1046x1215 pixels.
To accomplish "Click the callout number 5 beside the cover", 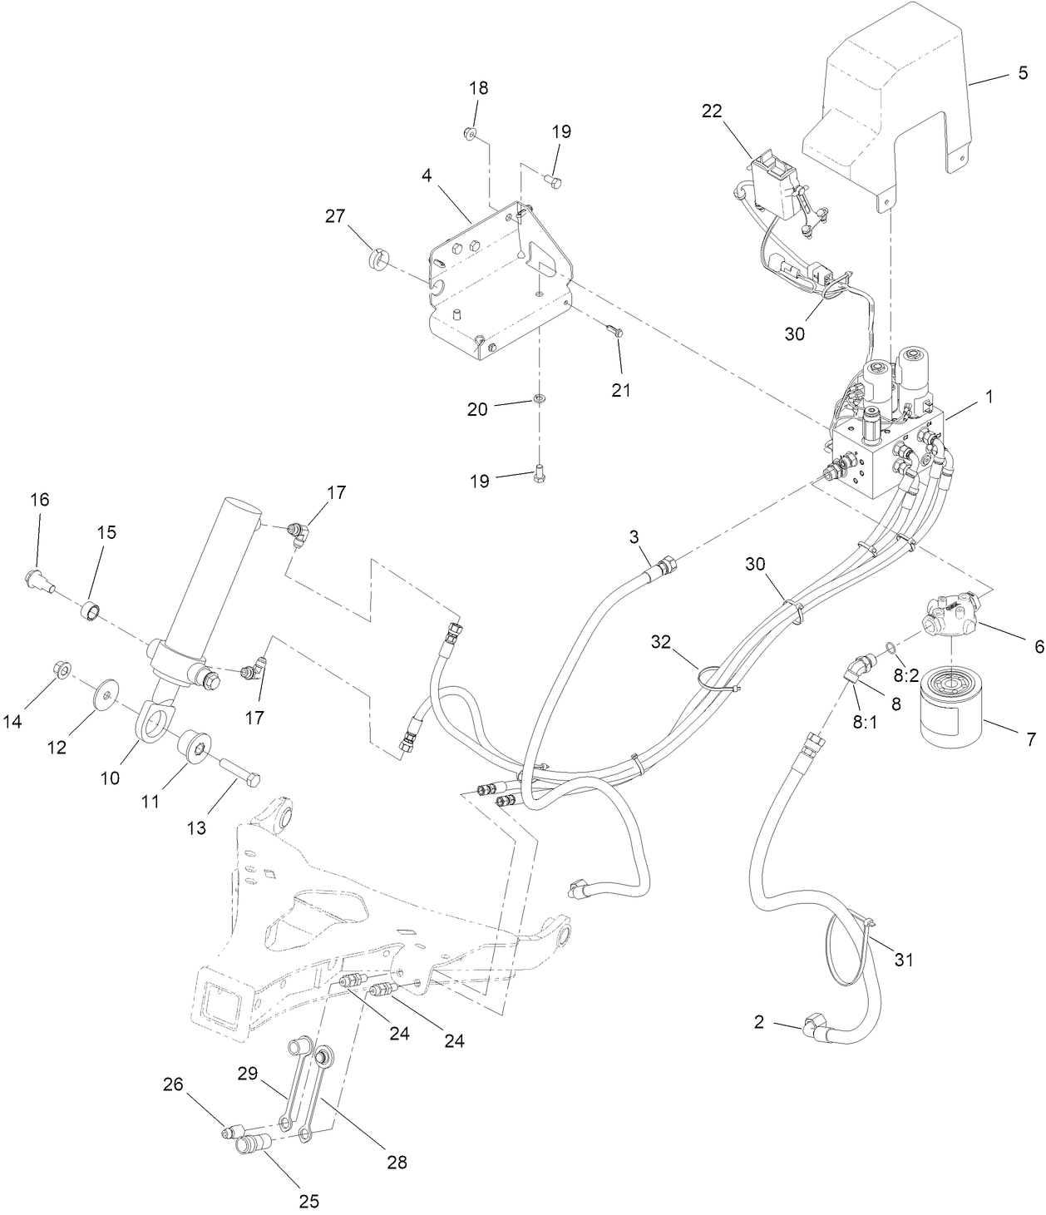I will pyautogui.click(x=1022, y=73).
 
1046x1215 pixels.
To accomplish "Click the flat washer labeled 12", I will pyautogui.click(x=107, y=691).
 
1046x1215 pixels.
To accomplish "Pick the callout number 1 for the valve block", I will pyautogui.click(x=989, y=397).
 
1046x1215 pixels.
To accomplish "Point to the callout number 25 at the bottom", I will pyautogui.click(x=309, y=1201).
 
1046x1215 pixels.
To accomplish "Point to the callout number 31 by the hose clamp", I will pyautogui.click(x=904, y=959).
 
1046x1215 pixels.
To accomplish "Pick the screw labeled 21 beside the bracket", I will pyautogui.click(x=615, y=333).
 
